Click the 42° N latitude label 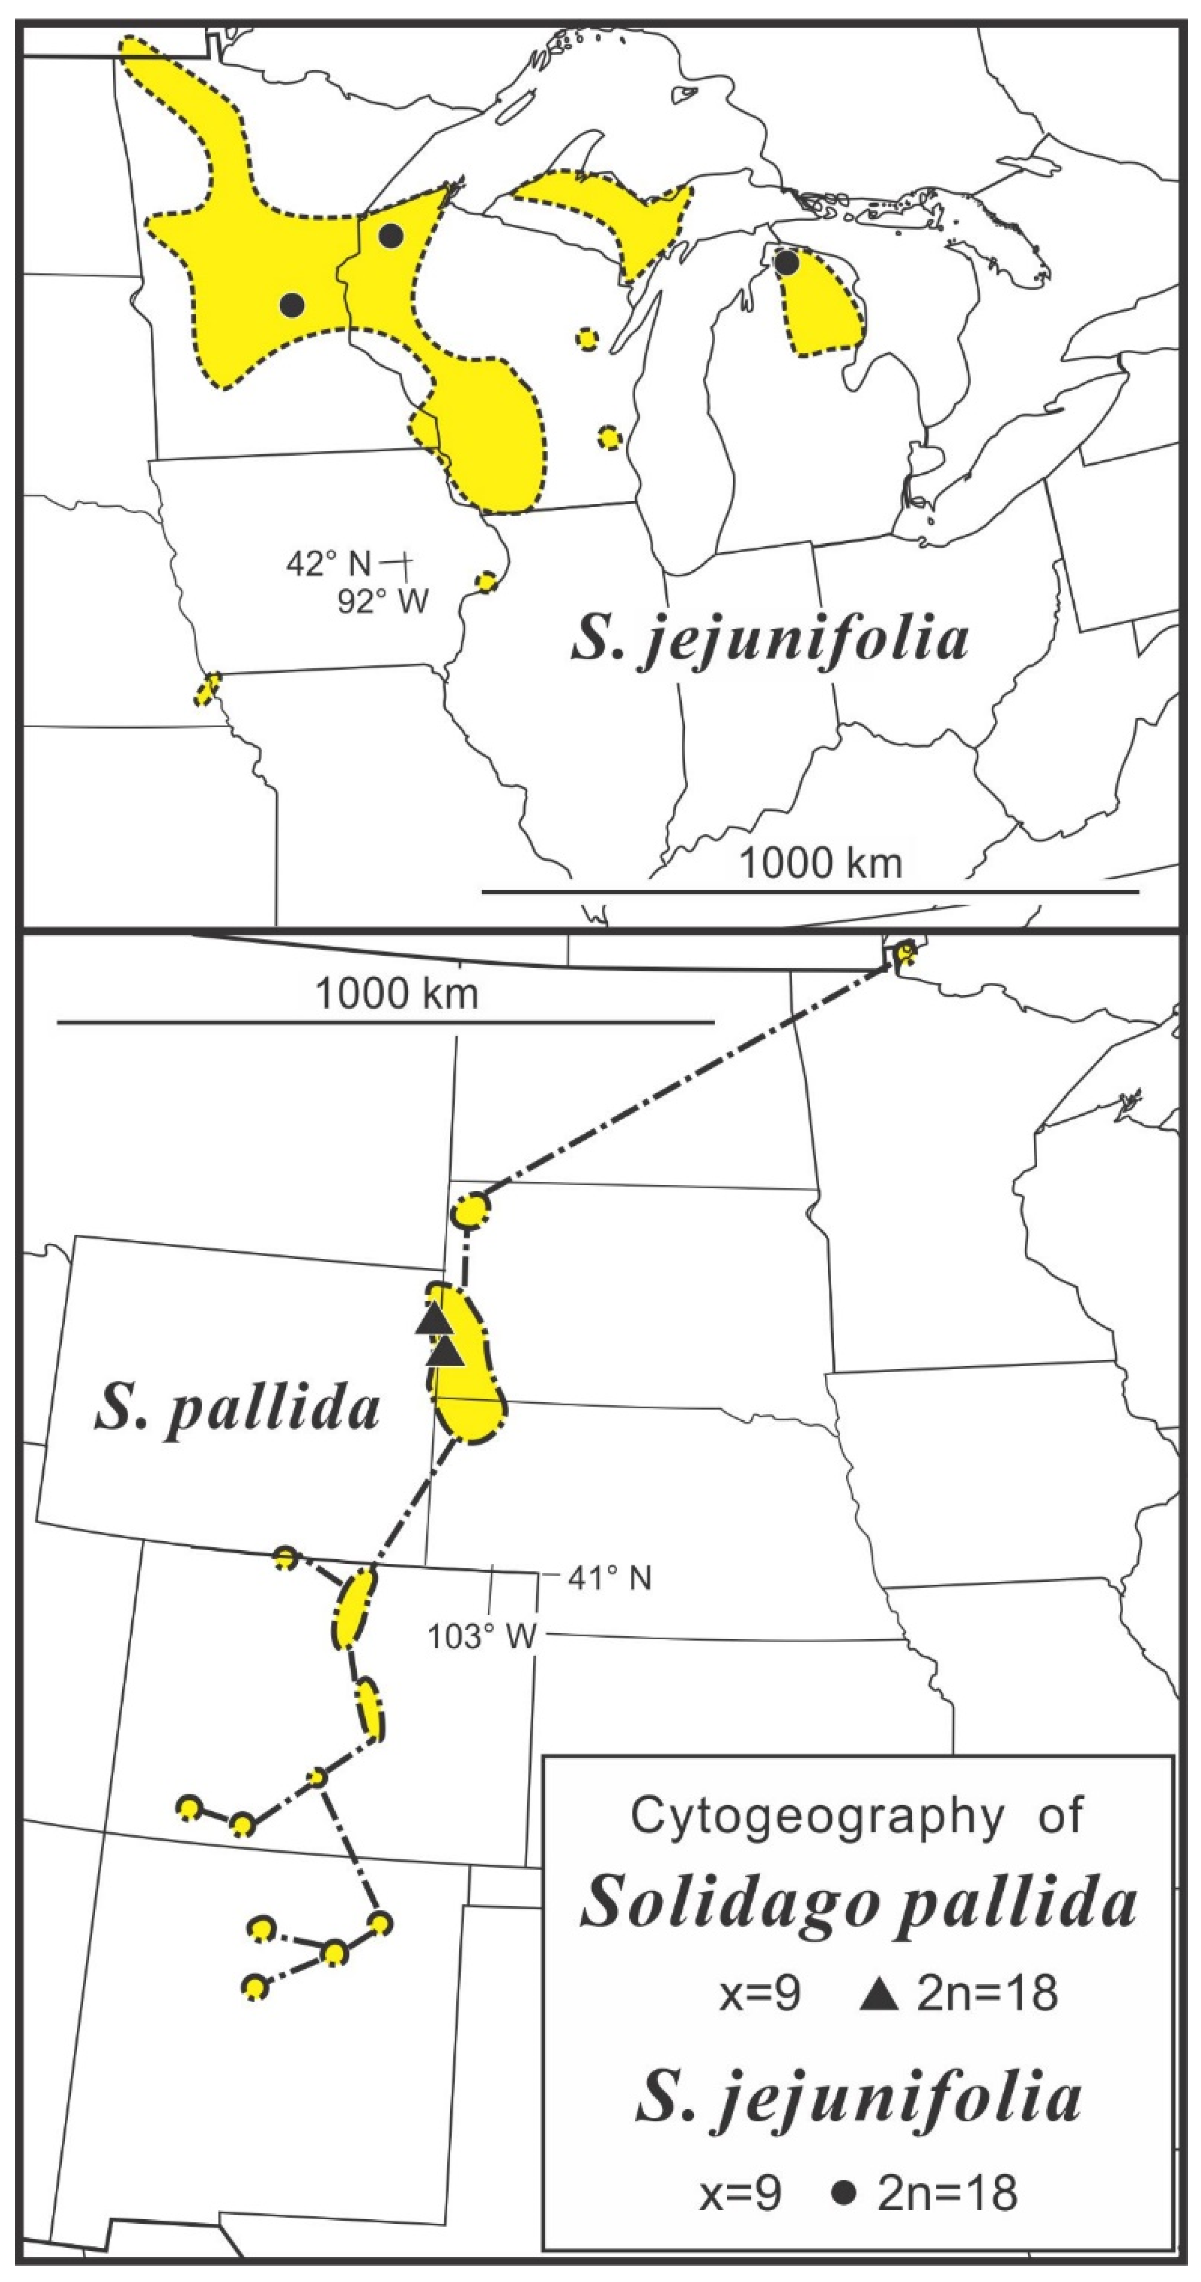(328, 564)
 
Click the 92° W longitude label (383, 601)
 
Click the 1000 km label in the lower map (397, 994)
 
